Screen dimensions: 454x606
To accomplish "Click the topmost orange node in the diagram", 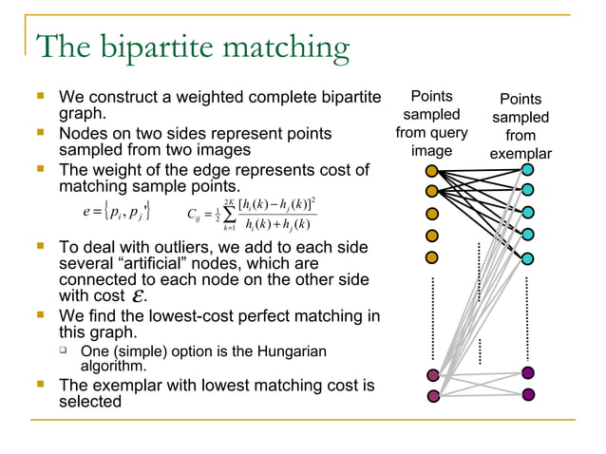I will [x=432, y=172].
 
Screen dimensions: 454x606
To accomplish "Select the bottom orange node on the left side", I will [x=432, y=257].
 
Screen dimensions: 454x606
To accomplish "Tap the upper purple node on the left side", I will [x=433, y=375].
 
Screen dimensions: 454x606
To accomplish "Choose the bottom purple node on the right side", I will [x=528, y=394].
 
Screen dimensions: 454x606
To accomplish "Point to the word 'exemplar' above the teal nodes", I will [x=521, y=154].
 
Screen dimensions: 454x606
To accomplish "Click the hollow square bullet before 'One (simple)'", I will [x=66, y=352].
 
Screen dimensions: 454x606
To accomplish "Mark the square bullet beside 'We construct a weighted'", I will [x=40, y=96].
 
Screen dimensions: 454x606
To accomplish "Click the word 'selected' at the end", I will [x=90, y=402].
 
